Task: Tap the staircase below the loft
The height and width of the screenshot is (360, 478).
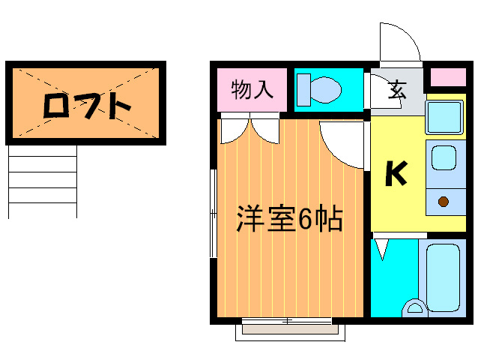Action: point(43,181)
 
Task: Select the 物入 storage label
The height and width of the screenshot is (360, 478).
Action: point(251,91)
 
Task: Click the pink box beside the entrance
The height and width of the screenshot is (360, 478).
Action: point(448,77)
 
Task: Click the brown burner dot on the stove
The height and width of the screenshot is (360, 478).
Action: point(444,201)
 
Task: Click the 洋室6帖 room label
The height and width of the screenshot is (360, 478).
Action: point(289,218)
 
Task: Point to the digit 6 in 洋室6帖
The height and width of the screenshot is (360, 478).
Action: point(306,219)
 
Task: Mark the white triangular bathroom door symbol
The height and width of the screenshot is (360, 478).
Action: point(382,248)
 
